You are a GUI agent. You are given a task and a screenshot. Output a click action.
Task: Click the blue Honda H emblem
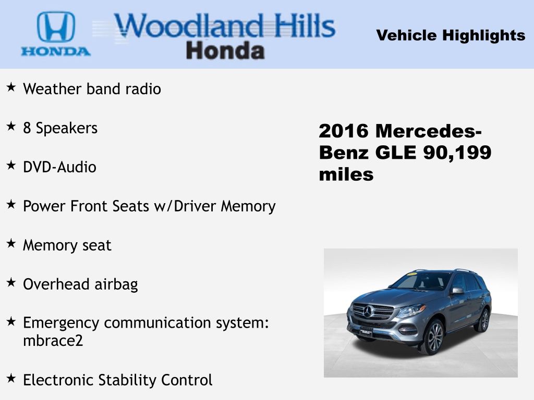pos(56,27)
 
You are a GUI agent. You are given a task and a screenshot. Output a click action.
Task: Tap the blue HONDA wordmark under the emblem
pos(56,52)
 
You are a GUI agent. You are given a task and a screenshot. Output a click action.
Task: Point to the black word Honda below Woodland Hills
pos(225,51)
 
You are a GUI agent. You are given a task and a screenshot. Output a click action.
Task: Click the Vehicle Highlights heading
pos(451,35)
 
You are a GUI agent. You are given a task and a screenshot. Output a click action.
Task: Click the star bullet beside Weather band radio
pos(11,87)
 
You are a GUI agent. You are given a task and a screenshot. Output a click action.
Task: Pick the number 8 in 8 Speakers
pos(27,128)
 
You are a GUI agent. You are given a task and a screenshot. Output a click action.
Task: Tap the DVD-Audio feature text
pos(59,167)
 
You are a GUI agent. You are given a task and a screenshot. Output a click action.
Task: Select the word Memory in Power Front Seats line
pos(248,206)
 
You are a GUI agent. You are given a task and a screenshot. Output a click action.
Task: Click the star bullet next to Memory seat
pos(11,244)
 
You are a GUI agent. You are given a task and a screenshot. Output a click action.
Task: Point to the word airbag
pos(116,285)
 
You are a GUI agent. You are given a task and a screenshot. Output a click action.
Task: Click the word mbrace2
pos(53,341)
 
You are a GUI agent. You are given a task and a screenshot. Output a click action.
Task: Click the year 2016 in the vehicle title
pos(344,131)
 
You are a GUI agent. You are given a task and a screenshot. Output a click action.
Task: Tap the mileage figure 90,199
pos(457,153)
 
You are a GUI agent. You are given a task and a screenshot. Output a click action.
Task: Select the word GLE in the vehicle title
pos(395,153)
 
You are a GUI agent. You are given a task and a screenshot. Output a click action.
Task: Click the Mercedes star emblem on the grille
pos(368,311)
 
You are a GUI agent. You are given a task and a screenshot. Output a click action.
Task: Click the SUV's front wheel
pos(432,336)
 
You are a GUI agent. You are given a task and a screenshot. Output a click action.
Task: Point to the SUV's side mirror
pos(458,291)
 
